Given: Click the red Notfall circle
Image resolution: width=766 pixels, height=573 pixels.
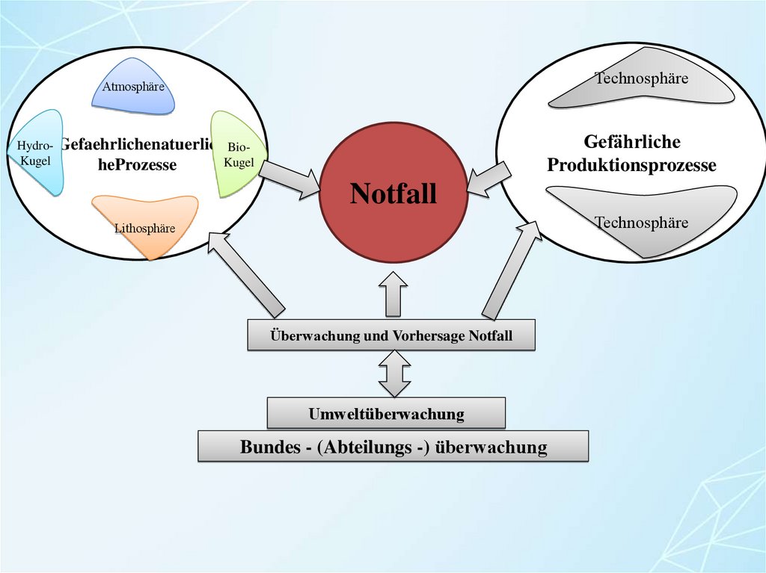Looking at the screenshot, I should tap(393, 194).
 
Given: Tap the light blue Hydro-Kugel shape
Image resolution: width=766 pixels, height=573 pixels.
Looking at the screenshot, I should tap(37, 153).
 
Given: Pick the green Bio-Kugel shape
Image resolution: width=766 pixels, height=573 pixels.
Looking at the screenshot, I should tap(233, 153).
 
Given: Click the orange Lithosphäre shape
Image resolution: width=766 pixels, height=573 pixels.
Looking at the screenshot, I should tap(147, 221).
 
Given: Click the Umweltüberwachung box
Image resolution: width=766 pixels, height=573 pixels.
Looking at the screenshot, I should tap(386, 413).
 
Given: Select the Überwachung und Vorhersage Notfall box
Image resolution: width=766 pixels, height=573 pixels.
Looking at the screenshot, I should tap(391, 335).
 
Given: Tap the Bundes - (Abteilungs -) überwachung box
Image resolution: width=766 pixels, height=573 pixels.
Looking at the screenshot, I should tap(393, 447).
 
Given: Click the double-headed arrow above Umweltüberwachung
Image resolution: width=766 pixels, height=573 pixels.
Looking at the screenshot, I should tap(394, 374).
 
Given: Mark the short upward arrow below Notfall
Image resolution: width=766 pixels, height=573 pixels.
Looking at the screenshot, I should tap(393, 293).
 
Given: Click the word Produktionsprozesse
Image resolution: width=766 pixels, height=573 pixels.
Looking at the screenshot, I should tap(631, 165).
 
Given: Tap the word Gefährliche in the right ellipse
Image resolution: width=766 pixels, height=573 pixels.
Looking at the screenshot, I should tap(631, 142).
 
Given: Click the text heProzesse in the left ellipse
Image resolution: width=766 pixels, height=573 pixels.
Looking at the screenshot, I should tap(137, 164).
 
